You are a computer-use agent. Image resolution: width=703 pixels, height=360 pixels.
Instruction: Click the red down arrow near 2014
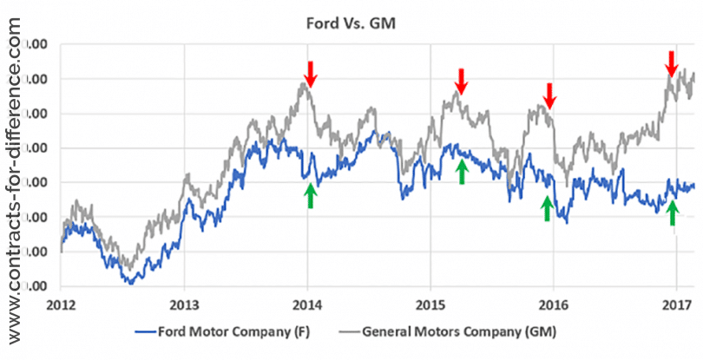(311, 74)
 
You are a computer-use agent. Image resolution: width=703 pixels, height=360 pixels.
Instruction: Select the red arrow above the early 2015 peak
(462, 81)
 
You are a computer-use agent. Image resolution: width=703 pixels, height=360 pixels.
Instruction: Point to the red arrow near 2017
(671, 63)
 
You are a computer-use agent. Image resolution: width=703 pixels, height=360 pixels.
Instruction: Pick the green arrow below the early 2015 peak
(462, 171)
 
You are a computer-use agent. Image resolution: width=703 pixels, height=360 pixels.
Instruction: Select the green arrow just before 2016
(547, 207)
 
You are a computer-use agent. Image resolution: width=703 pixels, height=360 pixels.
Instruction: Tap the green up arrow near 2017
(672, 213)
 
